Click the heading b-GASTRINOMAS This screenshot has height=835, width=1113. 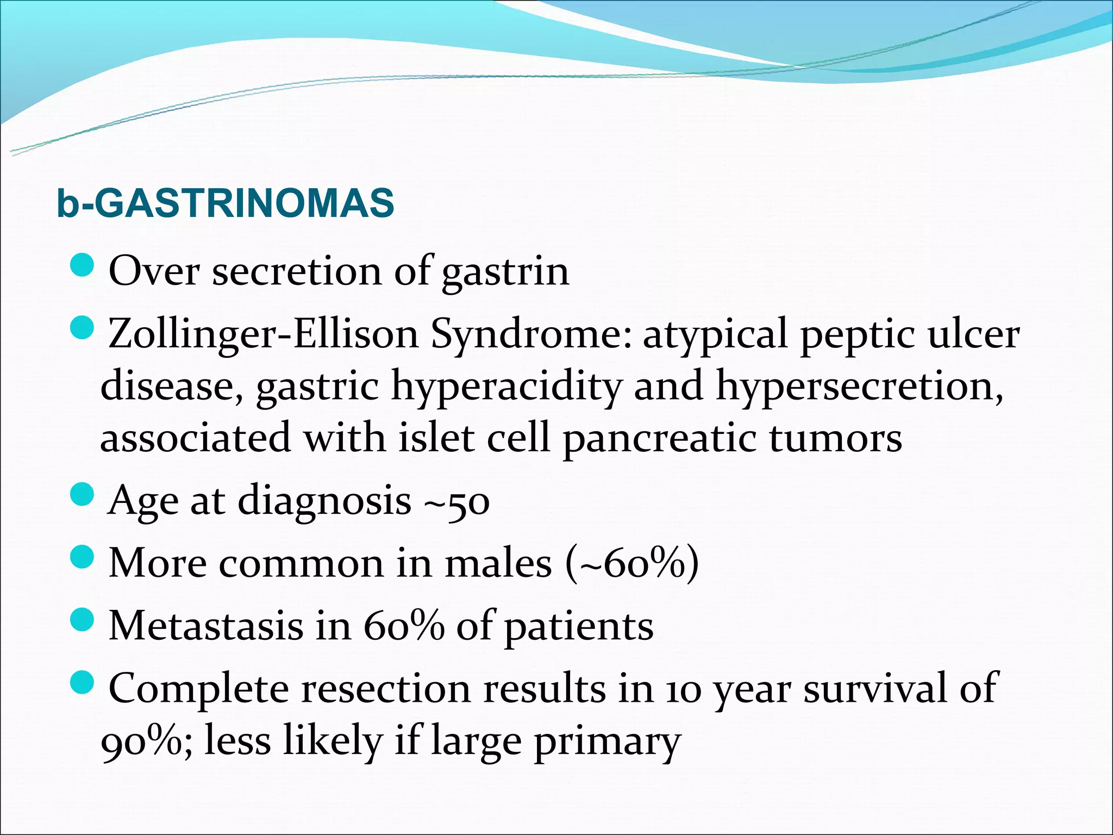click(x=225, y=203)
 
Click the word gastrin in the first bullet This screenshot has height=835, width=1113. click(x=505, y=272)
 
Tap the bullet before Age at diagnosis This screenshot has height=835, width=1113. click(x=83, y=496)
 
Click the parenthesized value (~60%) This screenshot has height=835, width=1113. click(x=632, y=564)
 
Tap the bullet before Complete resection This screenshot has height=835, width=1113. click(x=83, y=683)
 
